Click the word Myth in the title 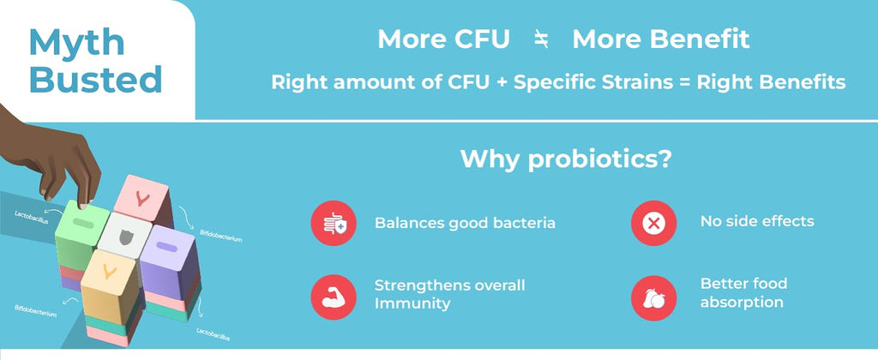click(76, 42)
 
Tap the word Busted click(96, 80)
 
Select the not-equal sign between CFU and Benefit click(541, 39)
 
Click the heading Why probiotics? click(565, 159)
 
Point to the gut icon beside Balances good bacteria click(334, 223)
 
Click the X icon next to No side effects click(653, 223)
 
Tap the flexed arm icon click(334, 297)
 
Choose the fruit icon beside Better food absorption click(653, 297)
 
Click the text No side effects click(757, 221)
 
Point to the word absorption click(742, 303)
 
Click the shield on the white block click(129, 237)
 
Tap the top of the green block click(82, 216)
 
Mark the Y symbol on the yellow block click(110, 272)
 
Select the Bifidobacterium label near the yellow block click(35, 311)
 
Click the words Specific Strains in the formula click(593, 82)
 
